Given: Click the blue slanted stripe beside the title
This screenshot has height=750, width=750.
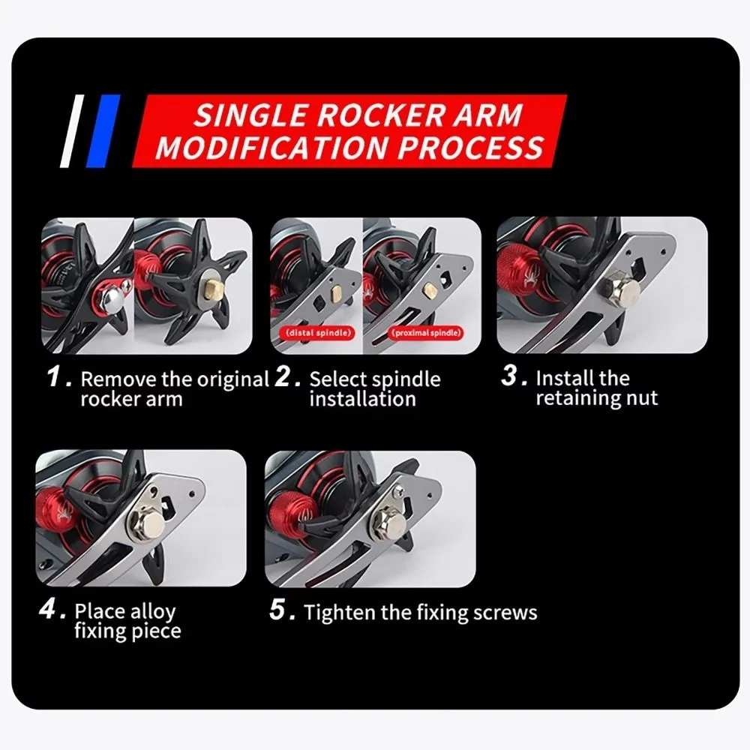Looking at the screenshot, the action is [x=103, y=131].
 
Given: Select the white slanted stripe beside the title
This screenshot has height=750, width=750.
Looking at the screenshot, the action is [x=72, y=131].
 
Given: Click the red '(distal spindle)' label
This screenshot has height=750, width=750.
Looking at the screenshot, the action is [x=318, y=333].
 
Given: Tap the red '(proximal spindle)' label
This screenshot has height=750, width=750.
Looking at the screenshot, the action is [x=426, y=333].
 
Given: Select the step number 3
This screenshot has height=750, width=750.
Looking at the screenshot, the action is [x=509, y=375].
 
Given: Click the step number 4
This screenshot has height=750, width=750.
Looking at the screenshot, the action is [x=48, y=609].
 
